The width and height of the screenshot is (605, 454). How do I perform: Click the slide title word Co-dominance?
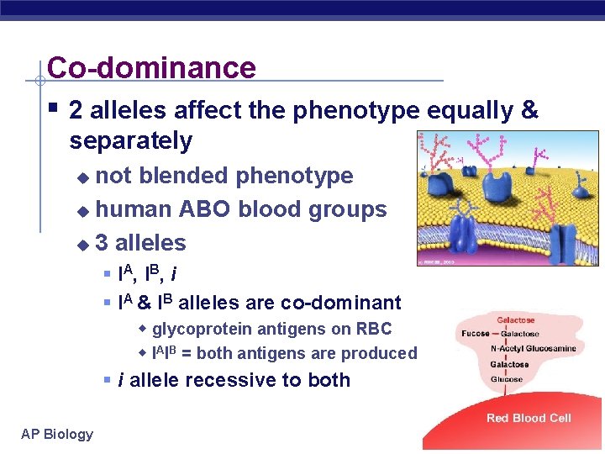tap(151, 67)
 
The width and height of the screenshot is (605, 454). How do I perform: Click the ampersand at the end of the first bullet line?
tap(529, 110)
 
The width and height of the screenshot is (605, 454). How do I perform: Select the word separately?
tap(131, 140)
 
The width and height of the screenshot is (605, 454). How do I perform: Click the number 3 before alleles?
tap(102, 243)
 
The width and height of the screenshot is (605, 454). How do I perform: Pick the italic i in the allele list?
tap(173, 274)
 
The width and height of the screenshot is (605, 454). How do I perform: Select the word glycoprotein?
tap(203, 330)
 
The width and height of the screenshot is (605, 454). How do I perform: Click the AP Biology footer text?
tap(57, 434)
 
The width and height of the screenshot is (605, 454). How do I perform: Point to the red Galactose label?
tap(515, 320)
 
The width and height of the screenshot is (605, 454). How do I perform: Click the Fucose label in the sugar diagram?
tap(476, 334)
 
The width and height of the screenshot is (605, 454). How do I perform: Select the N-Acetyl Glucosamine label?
tap(533, 348)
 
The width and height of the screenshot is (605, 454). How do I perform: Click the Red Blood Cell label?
tap(529, 418)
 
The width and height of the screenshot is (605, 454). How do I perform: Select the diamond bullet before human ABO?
tap(82, 210)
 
